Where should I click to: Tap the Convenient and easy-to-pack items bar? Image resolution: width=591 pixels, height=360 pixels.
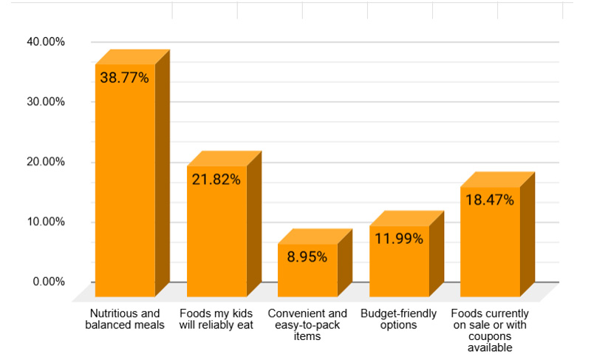[x=307, y=274]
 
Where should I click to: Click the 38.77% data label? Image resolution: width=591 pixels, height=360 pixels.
[x=125, y=77]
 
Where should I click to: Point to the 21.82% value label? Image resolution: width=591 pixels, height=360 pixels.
[x=216, y=180]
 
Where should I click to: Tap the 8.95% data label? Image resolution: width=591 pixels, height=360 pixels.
[x=307, y=257]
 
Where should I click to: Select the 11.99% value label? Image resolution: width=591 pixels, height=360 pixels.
[x=399, y=238]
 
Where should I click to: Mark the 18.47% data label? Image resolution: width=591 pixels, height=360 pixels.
[x=490, y=200]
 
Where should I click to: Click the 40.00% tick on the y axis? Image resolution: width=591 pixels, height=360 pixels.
[x=46, y=41]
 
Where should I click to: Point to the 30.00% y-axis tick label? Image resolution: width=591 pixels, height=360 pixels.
[x=46, y=101]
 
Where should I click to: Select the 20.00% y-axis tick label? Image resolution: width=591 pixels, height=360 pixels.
[x=46, y=162]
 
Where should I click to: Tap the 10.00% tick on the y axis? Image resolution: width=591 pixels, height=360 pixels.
[x=46, y=222]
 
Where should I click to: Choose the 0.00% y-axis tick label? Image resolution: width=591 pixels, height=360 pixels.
[x=49, y=282]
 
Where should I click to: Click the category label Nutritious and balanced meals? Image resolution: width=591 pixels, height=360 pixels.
[x=125, y=319]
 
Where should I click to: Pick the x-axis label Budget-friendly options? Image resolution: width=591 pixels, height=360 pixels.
[x=399, y=319]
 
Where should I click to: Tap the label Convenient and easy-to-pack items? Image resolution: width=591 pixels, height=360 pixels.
[x=307, y=325]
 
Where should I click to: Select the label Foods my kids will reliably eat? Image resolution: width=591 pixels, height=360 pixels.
[x=216, y=319]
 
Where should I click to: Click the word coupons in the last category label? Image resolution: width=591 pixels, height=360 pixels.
[x=490, y=337]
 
